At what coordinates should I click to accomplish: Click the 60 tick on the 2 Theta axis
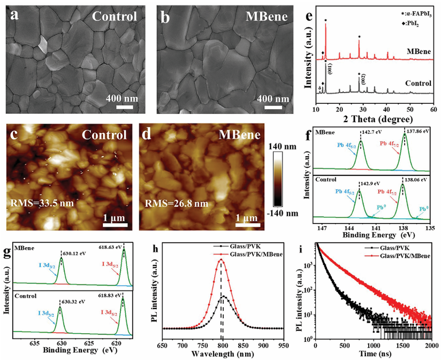(432, 109)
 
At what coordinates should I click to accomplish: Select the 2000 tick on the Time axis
(431, 345)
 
